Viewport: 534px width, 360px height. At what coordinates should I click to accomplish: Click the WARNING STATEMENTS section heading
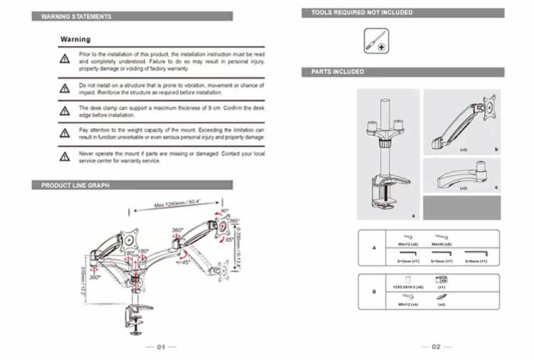(x=76, y=16)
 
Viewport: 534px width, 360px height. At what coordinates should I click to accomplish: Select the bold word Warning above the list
(x=75, y=40)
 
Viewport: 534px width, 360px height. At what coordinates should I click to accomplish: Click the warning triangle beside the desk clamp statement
(x=64, y=110)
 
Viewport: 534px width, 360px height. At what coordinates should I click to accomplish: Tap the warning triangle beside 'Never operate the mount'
(x=64, y=156)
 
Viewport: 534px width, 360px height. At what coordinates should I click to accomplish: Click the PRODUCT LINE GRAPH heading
(x=75, y=185)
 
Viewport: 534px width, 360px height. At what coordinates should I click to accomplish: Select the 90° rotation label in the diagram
(x=225, y=211)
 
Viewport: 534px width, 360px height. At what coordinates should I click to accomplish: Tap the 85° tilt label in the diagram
(x=229, y=240)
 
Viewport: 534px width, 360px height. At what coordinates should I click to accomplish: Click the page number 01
(x=160, y=346)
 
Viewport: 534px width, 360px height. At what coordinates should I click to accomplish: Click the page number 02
(x=435, y=346)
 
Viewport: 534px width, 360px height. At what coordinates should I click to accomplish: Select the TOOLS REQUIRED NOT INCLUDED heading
(x=362, y=13)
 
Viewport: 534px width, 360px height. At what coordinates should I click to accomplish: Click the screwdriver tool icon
(x=375, y=40)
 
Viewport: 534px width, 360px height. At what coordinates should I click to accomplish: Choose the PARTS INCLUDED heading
(x=338, y=72)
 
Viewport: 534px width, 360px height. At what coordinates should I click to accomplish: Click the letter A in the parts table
(x=374, y=248)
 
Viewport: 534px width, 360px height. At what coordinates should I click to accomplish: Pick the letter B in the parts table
(x=374, y=291)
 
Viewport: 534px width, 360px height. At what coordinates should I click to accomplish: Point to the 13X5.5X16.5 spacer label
(x=409, y=287)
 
